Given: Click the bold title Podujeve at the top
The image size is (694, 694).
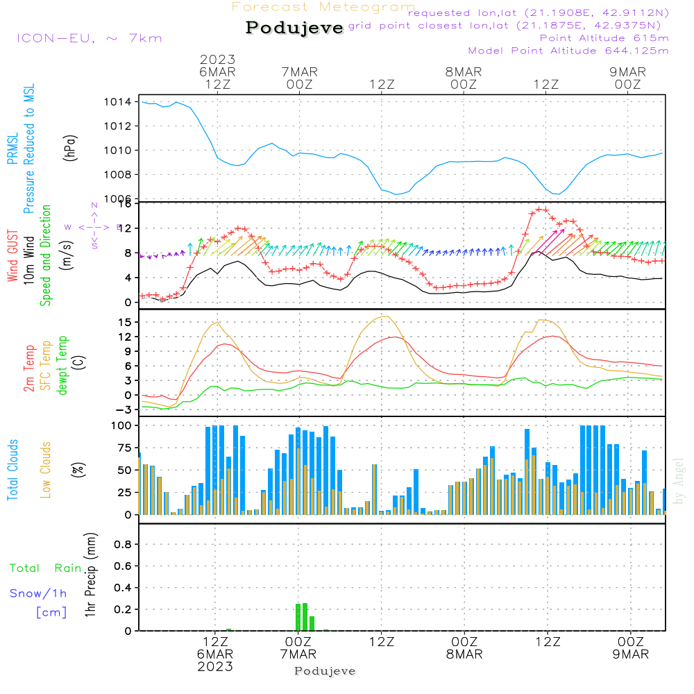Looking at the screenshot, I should point(294,28).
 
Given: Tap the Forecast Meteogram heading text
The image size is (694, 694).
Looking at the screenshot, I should point(323,8).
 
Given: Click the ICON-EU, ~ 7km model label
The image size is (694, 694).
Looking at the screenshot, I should point(88,37).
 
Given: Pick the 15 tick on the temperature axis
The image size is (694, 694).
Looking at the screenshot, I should point(126,322).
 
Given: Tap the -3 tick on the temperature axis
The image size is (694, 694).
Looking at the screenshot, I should point(125,409).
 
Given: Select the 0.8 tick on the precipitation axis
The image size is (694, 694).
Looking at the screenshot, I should point(123,545).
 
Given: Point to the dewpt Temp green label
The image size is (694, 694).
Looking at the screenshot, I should point(63,366).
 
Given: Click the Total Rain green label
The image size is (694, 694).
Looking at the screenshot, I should point(46,568).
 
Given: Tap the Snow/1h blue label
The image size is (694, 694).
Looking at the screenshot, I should point(38,593).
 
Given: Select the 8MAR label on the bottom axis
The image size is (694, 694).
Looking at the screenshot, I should point(464,654).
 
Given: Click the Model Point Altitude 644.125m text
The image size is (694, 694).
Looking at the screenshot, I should point(568,51).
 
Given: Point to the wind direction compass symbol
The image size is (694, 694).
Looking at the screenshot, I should point(94,226).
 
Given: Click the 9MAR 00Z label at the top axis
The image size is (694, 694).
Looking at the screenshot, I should point(627,78).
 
